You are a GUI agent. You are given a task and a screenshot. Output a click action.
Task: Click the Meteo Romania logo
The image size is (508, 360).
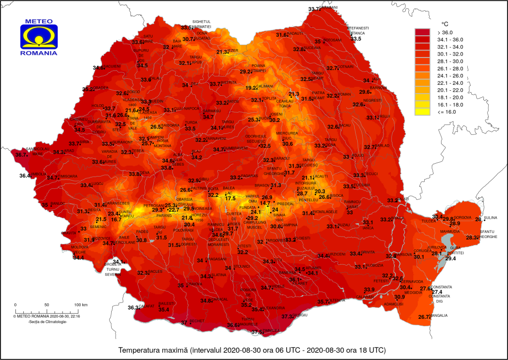(39, 37)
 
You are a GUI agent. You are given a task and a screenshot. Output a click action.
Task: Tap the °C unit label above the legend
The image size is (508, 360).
(444, 23)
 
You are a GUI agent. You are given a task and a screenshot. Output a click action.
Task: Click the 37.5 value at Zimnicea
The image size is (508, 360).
(257, 332)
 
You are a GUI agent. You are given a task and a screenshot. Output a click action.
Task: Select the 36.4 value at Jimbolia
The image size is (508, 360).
(25, 176)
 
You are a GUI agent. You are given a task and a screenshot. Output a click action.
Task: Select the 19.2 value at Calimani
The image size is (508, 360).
(252, 88)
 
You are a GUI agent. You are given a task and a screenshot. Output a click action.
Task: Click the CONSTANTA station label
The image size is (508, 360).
(442, 287)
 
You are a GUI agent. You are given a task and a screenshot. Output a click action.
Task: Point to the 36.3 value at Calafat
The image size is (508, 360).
(133, 307)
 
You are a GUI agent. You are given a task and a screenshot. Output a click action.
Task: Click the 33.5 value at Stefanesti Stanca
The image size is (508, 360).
(356, 39)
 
